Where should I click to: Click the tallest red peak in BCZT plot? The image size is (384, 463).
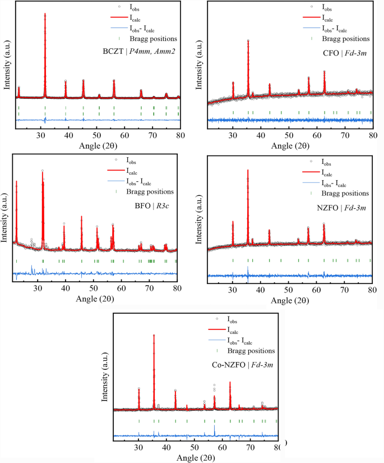(45, 15)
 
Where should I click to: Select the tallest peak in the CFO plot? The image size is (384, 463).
(248, 41)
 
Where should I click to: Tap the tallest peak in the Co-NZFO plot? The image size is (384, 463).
(154, 336)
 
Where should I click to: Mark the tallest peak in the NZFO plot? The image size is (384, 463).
(248, 171)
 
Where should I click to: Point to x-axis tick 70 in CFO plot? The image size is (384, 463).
(344, 136)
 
